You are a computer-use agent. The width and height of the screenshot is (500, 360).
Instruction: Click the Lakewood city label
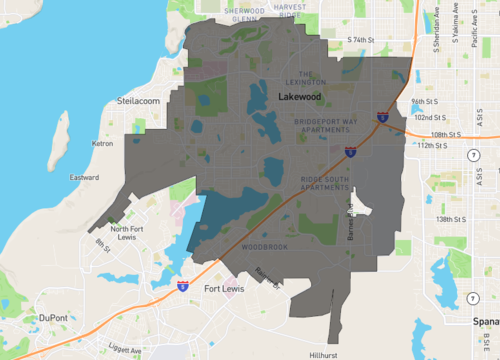tap(300, 97)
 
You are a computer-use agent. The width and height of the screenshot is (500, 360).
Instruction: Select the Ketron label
tap(103, 144)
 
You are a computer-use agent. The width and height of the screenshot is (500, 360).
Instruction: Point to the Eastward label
tap(84, 178)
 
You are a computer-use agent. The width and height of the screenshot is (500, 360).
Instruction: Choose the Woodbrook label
tap(264, 246)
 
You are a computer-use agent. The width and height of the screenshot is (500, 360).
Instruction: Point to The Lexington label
tap(313, 77)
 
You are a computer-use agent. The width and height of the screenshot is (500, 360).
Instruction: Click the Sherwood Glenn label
tap(251, 12)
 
